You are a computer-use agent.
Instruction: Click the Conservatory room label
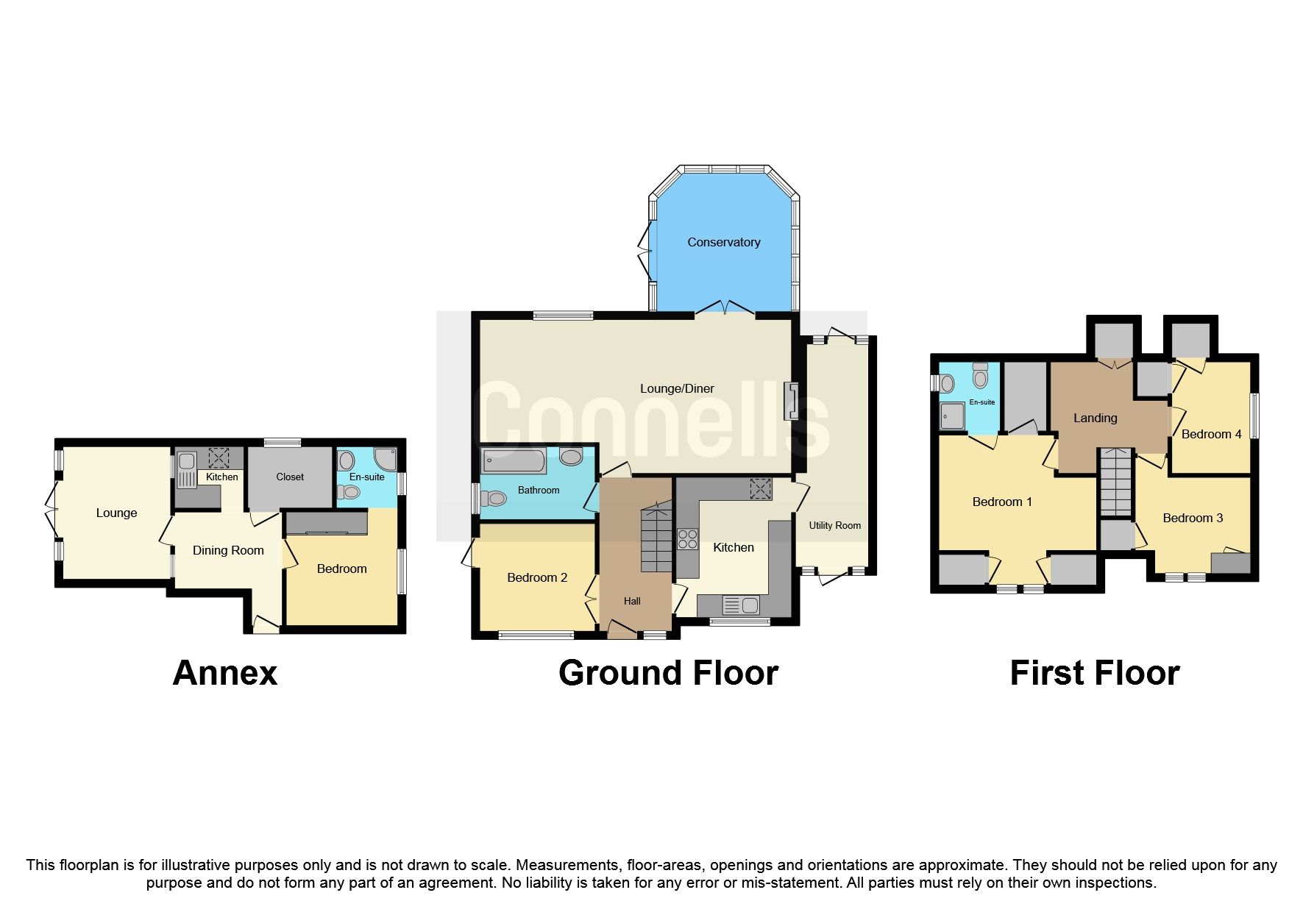pos(723,242)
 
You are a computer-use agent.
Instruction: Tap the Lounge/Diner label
pos(677,388)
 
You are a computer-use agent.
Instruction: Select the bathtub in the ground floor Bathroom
pos(514,461)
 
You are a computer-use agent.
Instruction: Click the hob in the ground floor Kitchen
pos(687,539)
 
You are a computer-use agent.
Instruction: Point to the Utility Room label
pos(834,525)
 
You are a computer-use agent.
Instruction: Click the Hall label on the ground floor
pos(632,601)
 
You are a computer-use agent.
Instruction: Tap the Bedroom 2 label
pos(537,577)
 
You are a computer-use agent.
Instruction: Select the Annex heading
pos(225,672)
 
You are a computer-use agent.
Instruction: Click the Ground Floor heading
pos(668,672)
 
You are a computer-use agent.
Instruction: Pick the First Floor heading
pos(1095,672)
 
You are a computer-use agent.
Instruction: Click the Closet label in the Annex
pos(290,477)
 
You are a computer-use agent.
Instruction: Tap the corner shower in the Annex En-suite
pos(385,460)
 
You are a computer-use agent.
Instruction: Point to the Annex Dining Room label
pos(228,550)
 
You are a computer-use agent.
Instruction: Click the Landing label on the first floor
pos(1095,418)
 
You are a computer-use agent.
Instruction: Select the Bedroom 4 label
pos(1211,434)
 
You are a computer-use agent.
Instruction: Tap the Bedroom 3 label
pos(1193,518)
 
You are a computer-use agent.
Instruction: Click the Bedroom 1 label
pos(1002,502)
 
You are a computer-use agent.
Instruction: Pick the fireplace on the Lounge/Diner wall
pos(792,401)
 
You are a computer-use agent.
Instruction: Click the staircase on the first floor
pos(1116,481)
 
